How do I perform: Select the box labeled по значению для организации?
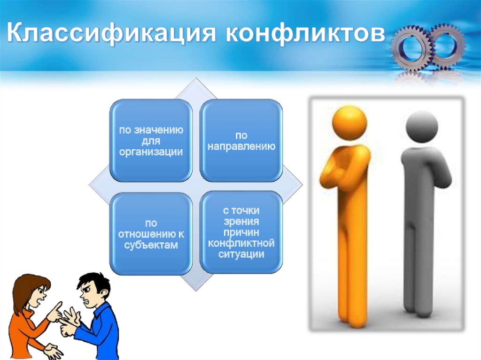[151, 140]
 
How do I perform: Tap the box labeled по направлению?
[241, 140]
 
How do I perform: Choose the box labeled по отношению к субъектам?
[151, 233]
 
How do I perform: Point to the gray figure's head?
[421, 126]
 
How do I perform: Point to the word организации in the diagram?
[151, 152]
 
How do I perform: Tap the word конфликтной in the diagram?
[241, 244]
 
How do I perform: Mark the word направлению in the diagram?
[241, 146]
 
